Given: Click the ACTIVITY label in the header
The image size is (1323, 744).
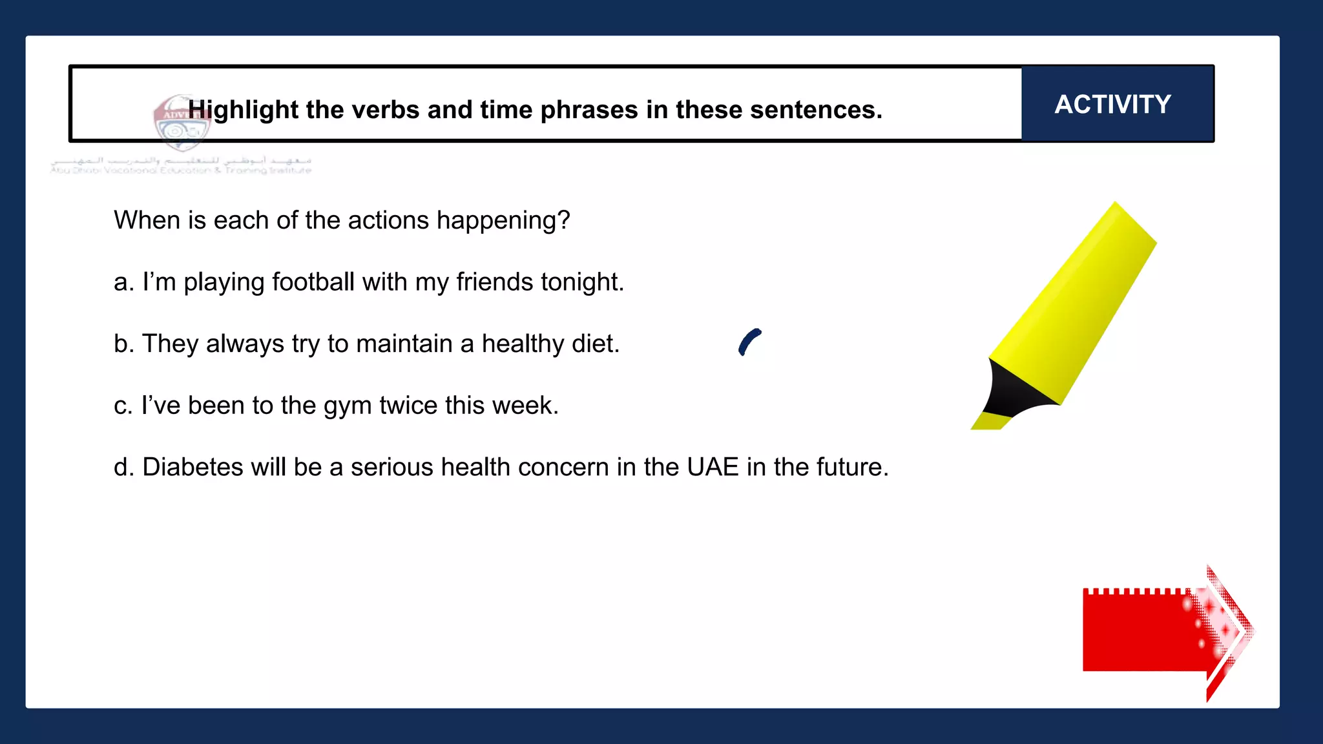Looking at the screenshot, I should (1112, 104).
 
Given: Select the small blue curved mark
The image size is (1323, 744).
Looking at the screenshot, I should (749, 342).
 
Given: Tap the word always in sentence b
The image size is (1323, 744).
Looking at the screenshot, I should (245, 344).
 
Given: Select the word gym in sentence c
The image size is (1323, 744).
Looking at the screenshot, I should (348, 406).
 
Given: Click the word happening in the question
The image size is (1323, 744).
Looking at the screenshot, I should (503, 221).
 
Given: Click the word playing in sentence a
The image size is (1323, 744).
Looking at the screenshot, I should (224, 283).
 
